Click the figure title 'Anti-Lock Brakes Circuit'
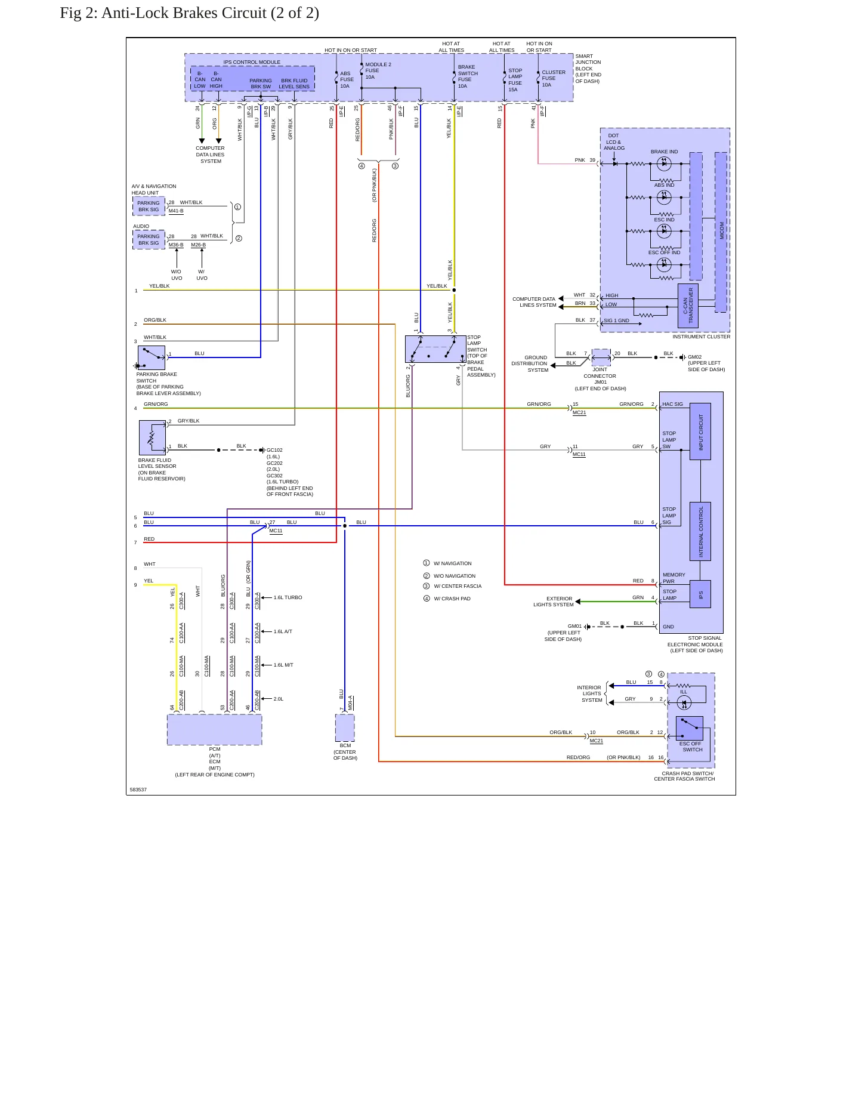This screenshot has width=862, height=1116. pos(184,13)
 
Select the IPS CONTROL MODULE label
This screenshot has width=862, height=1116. pos(252,62)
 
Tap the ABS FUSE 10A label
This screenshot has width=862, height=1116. pos(347,79)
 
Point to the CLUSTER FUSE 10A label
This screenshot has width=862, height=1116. pos(553,78)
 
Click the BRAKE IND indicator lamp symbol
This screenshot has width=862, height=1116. pos(664,164)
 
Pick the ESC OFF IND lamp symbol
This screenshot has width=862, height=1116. pos(664,265)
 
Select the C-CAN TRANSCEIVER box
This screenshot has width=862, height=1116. pos(688,306)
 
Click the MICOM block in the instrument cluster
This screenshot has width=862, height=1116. pos(721,232)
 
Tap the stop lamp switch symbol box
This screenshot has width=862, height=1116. pos(435,349)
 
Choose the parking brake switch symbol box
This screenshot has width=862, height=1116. pos(152,357)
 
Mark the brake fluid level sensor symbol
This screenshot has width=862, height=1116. pos(152,437)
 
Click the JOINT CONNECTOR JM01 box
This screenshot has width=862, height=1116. pos(601,357)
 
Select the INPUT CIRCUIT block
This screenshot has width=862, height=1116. pos(700,431)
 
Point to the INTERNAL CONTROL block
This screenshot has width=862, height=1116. pos(700,531)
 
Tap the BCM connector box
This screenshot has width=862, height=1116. pos(345,727)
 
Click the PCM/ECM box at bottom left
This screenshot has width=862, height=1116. pos(214,729)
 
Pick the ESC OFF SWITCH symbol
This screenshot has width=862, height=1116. pos(689,727)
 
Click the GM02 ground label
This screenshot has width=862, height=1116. pos(694,357)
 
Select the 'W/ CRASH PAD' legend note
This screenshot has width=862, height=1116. pos(452,599)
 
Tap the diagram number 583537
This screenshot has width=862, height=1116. pos(138,790)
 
